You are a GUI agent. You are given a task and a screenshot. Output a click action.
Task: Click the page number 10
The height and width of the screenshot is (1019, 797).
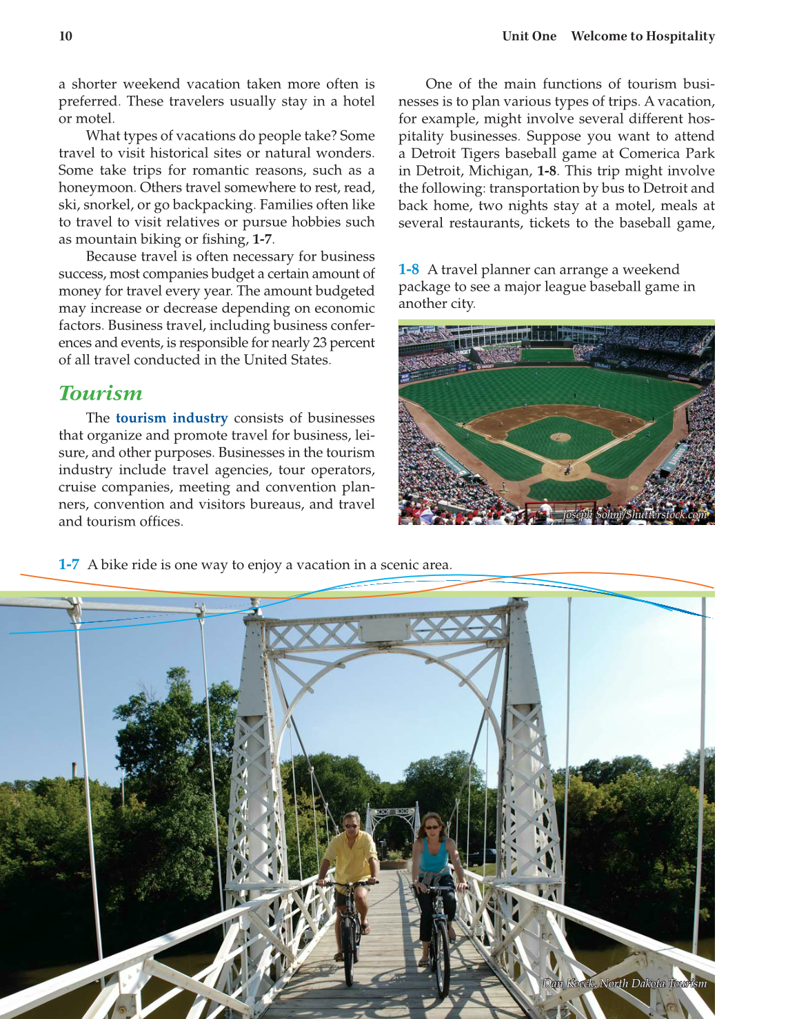point(65,37)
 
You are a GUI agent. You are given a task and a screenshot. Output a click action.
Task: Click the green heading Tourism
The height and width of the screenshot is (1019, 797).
point(101,393)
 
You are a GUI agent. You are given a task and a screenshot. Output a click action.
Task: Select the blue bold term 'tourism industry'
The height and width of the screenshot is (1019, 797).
point(172,418)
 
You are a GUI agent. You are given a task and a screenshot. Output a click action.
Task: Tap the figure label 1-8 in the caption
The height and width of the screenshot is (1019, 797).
point(409,269)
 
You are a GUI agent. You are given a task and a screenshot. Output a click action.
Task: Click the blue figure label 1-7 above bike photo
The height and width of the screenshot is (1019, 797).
point(69,565)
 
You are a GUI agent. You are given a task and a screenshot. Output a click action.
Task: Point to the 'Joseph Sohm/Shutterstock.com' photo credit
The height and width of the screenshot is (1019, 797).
point(634,515)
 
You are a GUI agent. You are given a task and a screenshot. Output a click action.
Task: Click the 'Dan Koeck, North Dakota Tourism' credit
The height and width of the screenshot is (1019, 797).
point(624,983)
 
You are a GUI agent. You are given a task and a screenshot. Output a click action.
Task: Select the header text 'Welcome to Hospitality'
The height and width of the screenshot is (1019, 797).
point(643,37)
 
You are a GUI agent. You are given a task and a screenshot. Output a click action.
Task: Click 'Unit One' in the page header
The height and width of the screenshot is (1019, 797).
point(529,37)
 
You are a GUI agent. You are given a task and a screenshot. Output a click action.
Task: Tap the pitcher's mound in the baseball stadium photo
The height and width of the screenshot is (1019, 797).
point(561,436)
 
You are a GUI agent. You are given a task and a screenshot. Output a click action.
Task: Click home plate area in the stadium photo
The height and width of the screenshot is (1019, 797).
point(567,471)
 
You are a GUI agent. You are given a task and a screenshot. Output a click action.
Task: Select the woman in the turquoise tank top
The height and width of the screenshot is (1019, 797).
point(434,858)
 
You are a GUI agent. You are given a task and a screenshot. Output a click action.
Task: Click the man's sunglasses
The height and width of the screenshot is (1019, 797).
point(351,825)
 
